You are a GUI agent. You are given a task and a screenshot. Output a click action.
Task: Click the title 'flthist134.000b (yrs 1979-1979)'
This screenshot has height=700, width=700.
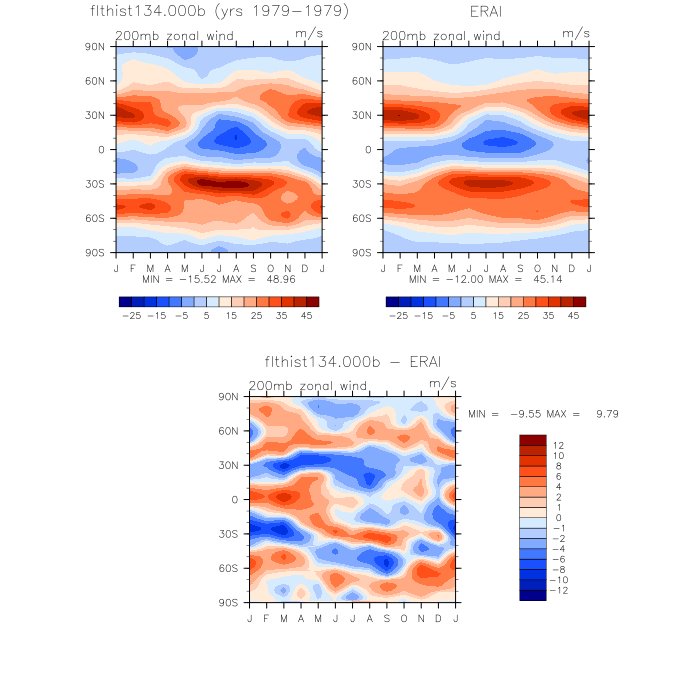coord(219,12)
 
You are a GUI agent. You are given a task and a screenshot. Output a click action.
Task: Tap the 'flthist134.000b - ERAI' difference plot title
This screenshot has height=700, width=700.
coord(352,361)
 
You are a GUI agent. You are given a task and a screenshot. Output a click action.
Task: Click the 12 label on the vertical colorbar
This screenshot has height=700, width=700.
coord(558,444)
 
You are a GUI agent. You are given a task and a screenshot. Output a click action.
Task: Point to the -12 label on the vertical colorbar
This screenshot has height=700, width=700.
coord(561,591)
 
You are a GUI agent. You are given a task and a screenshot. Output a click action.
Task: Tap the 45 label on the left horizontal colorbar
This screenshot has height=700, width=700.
coord(307,315)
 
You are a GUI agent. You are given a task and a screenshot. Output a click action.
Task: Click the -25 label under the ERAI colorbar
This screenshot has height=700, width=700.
coord(397,315)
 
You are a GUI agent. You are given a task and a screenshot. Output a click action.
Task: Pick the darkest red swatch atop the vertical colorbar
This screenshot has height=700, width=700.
coord(533,440)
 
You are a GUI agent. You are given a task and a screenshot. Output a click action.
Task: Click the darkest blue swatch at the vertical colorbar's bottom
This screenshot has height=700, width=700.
coord(533,595)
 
